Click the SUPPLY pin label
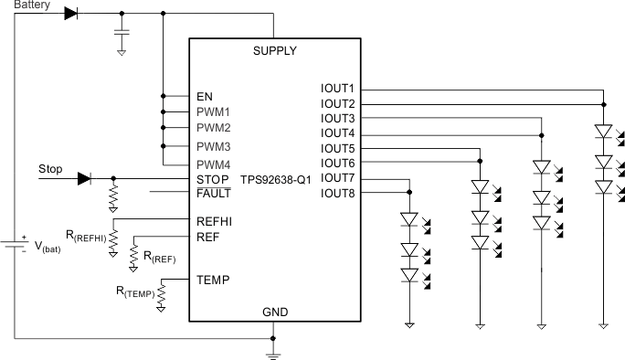[x=274, y=51]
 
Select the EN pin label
[x=205, y=96]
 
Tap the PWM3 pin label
[x=213, y=146]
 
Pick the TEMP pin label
[x=212, y=280]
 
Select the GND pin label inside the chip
[x=274, y=312]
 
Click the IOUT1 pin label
[x=337, y=89]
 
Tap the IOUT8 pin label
[x=337, y=193]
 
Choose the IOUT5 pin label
[x=337, y=148]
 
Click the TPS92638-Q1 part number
[x=276, y=179]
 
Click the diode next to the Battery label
[x=71, y=14]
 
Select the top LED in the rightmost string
[x=602, y=132]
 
